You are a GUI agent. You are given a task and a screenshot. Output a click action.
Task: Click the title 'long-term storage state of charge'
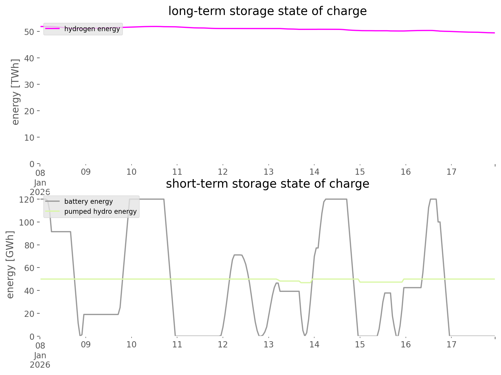[267, 11]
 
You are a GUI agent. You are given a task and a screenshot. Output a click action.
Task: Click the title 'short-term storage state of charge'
[267, 184]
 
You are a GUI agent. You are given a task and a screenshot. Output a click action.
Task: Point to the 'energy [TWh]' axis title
[16, 92]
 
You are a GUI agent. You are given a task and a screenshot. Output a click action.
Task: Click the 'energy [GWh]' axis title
[10, 265]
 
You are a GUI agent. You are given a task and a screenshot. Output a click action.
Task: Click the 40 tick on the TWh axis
[29, 58]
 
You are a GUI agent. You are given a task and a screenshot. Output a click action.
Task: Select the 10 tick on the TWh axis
[29, 137]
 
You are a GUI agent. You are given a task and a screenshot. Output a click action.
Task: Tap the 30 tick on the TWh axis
[29, 85]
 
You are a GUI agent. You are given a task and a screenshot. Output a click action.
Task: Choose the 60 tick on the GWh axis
[29, 268]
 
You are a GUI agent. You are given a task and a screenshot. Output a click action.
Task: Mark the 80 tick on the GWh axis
[29, 245]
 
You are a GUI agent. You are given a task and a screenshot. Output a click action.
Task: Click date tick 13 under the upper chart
[268, 172]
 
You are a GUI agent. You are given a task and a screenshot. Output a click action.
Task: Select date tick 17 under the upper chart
[451, 172]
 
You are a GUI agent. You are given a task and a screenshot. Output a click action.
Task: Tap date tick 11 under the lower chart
[177, 344]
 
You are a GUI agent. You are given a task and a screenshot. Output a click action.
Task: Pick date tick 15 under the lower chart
[360, 344]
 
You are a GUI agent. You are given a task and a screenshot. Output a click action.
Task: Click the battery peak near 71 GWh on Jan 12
[238, 255]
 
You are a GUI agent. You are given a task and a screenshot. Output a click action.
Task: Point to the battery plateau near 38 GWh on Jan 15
[387, 293]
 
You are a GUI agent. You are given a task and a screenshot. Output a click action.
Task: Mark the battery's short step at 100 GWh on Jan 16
[439, 222]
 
